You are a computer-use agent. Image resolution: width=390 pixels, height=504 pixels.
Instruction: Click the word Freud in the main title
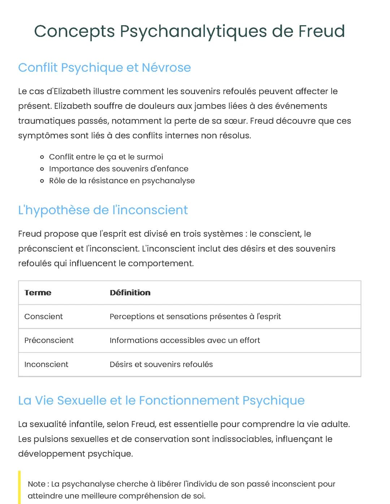[321, 31]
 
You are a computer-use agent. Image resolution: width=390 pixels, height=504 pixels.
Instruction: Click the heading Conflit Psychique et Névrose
[104, 67]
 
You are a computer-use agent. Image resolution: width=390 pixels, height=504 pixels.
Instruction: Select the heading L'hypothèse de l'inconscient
[103, 210]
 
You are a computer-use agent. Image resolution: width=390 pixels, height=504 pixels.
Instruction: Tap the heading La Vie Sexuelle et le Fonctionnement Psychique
[161, 400]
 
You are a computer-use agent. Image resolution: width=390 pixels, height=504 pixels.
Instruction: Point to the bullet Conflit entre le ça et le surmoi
[106, 157]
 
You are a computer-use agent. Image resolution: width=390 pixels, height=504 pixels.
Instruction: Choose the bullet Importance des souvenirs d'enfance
[118, 169]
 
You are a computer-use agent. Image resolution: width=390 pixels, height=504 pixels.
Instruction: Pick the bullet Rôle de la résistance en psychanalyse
[122, 181]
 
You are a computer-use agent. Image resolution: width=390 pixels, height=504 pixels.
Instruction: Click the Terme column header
[38, 293]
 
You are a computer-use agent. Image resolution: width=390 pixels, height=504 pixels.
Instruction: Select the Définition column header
[130, 293]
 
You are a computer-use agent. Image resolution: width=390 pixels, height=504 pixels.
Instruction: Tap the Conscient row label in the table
[43, 316]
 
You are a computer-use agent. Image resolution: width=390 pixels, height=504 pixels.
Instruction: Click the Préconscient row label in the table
[49, 340]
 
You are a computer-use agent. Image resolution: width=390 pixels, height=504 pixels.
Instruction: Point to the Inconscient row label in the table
[46, 364]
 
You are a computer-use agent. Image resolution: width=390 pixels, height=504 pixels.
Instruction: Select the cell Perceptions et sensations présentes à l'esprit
[195, 316]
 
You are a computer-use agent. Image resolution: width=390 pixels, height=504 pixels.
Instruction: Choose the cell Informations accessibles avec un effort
[185, 340]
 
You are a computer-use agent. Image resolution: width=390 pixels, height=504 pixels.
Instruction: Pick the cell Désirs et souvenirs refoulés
[161, 364]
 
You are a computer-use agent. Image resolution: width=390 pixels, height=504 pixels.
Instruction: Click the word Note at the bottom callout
[36, 484]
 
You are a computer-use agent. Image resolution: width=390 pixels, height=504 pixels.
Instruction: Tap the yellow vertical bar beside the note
[19, 487]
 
